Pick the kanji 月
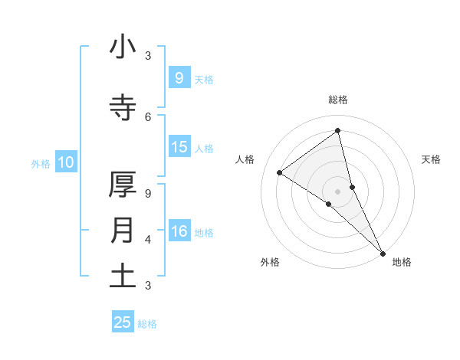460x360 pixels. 123,231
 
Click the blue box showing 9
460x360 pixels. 179,77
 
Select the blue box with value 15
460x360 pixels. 179,147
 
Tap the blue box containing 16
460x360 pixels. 179,231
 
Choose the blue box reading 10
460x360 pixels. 66,162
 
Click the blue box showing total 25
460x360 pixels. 123,322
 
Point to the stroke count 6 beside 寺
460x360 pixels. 148,116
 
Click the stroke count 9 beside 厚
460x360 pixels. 148,193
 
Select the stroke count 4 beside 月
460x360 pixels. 148,239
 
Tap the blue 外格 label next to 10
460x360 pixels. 41,163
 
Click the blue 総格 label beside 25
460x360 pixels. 147,324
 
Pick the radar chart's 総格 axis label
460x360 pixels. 338,100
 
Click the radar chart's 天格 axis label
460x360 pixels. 432,159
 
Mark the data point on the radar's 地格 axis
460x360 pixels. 383,252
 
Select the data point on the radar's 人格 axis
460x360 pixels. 280,172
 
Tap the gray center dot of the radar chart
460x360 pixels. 338,191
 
